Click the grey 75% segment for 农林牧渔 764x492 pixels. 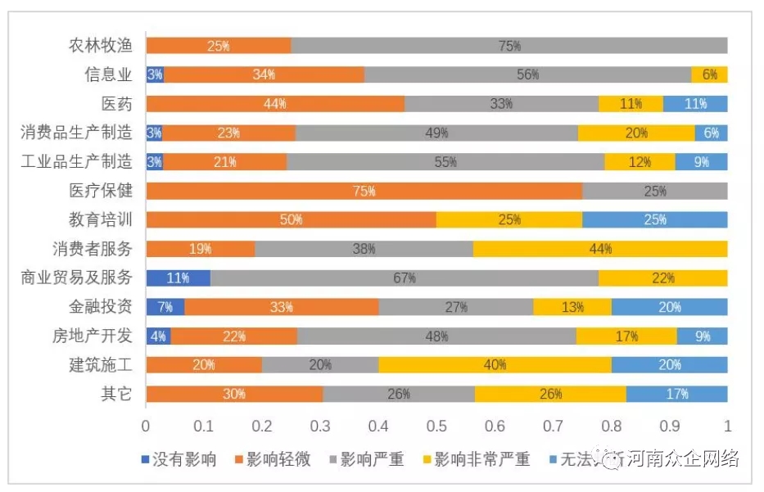pyautogui.click(x=509, y=46)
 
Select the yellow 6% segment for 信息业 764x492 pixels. pyautogui.click(x=709, y=74)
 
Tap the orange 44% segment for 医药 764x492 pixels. pyautogui.click(x=275, y=104)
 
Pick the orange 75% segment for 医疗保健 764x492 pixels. pyautogui.click(x=364, y=191)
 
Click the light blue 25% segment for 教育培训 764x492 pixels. pyautogui.click(x=654, y=219)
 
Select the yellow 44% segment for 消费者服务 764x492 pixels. pyautogui.click(x=600, y=249)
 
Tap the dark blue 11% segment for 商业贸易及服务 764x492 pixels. pyautogui.click(x=179, y=278)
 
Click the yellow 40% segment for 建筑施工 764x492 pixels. pyautogui.click(x=495, y=364)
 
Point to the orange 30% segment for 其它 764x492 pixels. pyautogui.click(x=234, y=394)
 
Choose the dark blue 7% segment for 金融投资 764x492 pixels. pyautogui.click(x=165, y=307)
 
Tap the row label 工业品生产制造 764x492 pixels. pyautogui.click(x=76, y=162)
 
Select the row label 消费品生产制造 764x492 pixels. pyautogui.click(x=76, y=133)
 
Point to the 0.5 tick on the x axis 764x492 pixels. pyautogui.click(x=436, y=426)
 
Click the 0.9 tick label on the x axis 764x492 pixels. pyautogui.click(x=669, y=426)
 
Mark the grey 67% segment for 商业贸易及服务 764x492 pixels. pyautogui.click(x=405, y=278)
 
